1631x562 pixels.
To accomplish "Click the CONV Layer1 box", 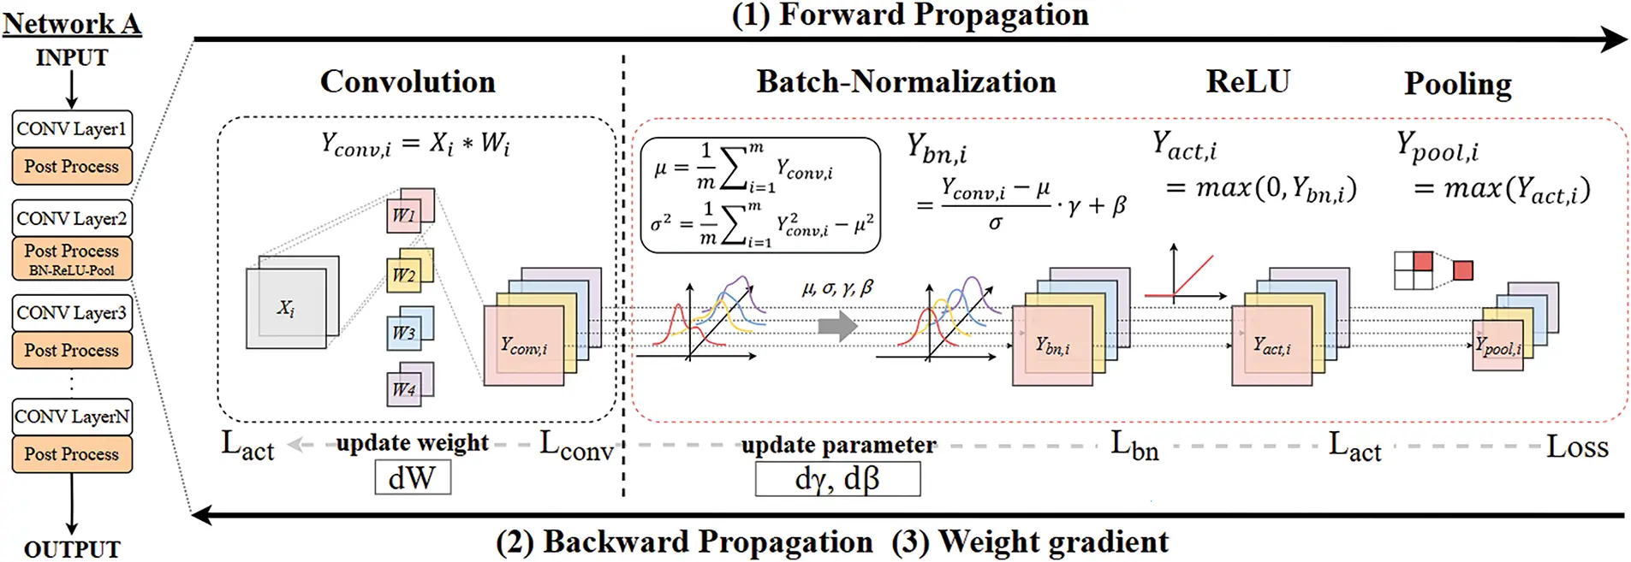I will [x=72, y=129].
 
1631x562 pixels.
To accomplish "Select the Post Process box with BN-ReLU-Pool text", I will [x=72, y=258].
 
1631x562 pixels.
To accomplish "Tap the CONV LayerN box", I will [x=72, y=417].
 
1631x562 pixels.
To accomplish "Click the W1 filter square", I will [x=405, y=214].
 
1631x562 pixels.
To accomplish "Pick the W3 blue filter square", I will [x=405, y=332].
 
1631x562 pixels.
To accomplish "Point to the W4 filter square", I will [x=405, y=389].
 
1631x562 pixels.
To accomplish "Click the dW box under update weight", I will [x=413, y=477].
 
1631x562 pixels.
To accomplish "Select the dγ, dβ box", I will [x=837, y=479].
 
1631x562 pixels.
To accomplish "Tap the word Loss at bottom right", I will [x=1576, y=447].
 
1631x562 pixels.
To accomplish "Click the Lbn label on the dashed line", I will [x=1134, y=446].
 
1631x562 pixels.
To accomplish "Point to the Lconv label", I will [x=576, y=447].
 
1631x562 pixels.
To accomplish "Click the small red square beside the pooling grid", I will [x=1463, y=270].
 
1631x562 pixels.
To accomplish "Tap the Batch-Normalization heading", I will [x=906, y=82].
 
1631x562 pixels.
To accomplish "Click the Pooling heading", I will [x=1457, y=84].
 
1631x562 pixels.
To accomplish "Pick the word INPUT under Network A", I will [x=72, y=58].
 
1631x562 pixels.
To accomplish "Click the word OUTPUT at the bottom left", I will [x=72, y=549].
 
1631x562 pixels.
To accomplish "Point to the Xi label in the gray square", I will [x=286, y=308].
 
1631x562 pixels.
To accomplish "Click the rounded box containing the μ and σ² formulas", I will [x=760, y=195].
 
